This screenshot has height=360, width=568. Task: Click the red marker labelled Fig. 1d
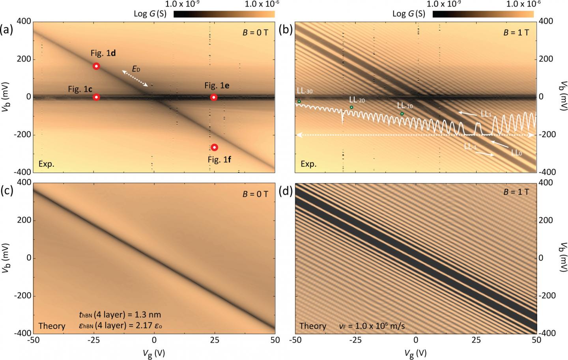coord(96,66)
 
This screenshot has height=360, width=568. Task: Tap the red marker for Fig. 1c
coord(96,97)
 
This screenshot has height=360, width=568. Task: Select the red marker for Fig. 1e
coord(213,97)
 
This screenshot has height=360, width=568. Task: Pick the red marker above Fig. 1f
coord(214,147)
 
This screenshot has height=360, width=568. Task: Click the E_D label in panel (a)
coord(136,69)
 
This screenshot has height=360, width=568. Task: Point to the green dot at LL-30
coord(299,102)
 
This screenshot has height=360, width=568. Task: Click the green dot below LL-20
coord(351,107)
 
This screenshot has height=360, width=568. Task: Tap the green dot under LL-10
coord(402,114)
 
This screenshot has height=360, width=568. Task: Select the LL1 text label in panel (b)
coord(486,114)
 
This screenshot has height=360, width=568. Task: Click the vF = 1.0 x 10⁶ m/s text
coord(372,326)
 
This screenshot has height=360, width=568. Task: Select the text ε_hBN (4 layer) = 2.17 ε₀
coord(120,326)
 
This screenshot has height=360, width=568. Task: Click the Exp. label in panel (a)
coord(46,164)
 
